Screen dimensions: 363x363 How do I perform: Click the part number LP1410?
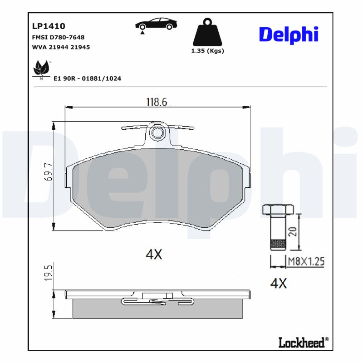click(49, 27)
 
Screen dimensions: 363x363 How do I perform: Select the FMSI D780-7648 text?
click(58, 38)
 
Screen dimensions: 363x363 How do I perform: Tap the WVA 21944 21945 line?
click(60, 47)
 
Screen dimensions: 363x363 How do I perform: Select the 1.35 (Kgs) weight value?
click(207, 51)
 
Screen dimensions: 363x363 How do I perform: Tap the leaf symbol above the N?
click(41, 68)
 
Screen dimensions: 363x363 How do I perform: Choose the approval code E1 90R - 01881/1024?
click(87, 78)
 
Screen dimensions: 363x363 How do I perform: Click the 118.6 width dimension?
click(157, 102)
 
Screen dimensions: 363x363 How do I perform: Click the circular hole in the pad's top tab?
click(157, 132)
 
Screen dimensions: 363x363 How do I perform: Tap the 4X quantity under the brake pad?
click(154, 255)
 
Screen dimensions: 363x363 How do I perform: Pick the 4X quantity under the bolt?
click(279, 284)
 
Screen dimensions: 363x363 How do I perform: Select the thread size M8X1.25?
click(307, 261)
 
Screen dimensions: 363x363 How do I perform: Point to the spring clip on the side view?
click(157, 301)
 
